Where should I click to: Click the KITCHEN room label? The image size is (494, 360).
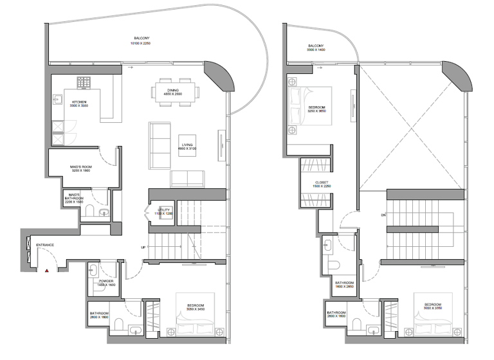[80, 102]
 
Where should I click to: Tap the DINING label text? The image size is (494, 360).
[173, 89]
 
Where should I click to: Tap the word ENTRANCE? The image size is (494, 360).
[44, 245]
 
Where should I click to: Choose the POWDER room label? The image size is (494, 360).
[106, 281]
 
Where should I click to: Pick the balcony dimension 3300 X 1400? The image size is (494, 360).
[315, 51]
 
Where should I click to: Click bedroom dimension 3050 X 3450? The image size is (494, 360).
[196, 310]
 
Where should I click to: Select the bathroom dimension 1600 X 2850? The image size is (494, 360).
[344, 287]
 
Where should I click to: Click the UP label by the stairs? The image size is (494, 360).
[142, 248]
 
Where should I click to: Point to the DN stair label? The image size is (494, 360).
[383, 215]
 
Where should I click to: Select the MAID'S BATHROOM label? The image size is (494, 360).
[74, 197]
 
